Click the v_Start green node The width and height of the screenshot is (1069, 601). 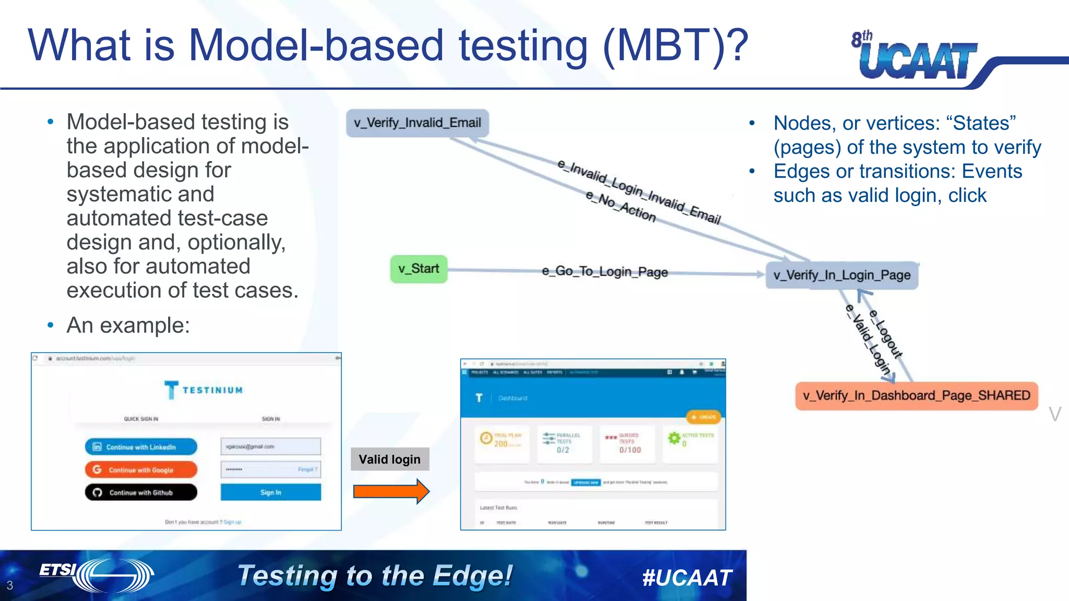pyautogui.click(x=419, y=269)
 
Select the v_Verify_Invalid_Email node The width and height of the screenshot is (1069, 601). pyautogui.click(x=417, y=123)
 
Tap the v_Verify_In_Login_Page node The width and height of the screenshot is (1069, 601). pyautogui.click(x=842, y=275)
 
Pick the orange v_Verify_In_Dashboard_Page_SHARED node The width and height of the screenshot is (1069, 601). pyautogui.click(x=916, y=396)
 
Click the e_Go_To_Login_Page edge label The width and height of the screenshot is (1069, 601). pyautogui.click(x=604, y=272)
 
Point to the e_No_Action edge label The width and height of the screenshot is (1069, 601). pyautogui.click(x=620, y=207)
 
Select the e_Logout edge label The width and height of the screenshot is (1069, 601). pyautogui.click(x=886, y=334)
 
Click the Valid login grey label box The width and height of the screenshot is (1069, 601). pyautogui.click(x=389, y=460)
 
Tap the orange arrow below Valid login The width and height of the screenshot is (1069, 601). pyautogui.click(x=391, y=491)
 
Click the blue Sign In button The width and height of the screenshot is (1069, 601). pyautogui.click(x=270, y=492)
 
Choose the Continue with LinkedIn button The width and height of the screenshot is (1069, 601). pyautogui.click(x=141, y=447)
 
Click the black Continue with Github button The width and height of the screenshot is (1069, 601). pyautogui.click(x=141, y=492)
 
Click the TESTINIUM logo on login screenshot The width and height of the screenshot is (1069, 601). pyautogui.click(x=204, y=390)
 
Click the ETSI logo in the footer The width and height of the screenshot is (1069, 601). pyautogui.click(x=97, y=574)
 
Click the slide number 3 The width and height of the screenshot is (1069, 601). pyautogui.click(x=9, y=585)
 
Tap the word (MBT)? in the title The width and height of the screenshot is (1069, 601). pyautogui.click(x=675, y=46)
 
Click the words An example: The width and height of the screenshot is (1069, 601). pyautogui.click(x=128, y=326)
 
